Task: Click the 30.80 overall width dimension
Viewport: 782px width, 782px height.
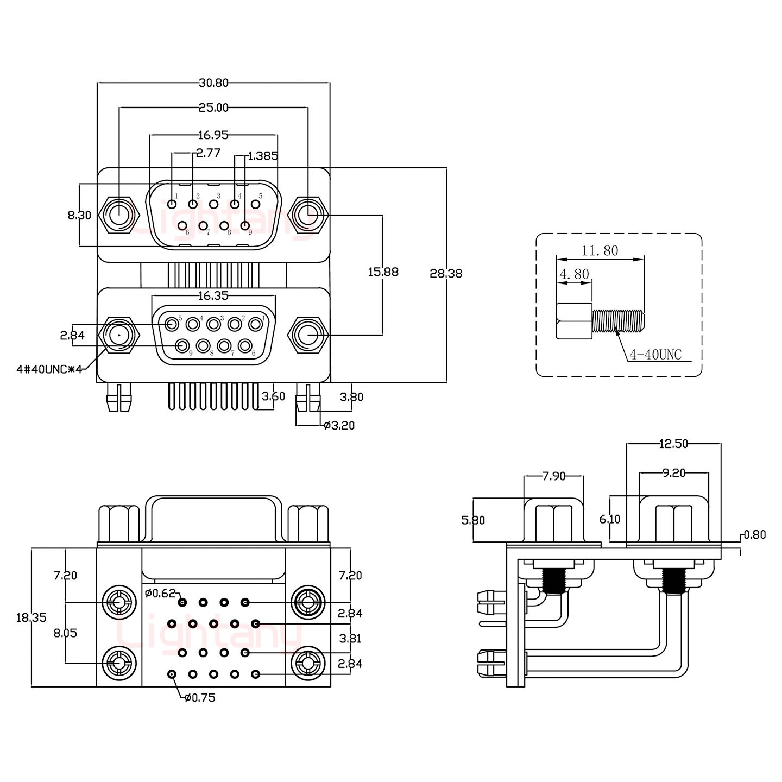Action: [x=213, y=83]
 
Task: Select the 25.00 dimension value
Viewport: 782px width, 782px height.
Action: [x=213, y=108]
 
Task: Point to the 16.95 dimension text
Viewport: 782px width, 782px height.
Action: [x=213, y=135]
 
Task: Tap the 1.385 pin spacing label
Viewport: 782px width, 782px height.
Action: [x=263, y=156]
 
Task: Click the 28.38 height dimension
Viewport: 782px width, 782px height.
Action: [x=446, y=273]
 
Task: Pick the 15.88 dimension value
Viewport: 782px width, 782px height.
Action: [x=383, y=272]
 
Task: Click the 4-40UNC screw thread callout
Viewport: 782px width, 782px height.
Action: [x=655, y=355]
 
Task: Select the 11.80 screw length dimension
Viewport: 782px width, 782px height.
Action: [x=600, y=250]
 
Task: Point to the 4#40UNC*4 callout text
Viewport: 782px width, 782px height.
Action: [x=49, y=370]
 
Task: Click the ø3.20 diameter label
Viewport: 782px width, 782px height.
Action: [x=339, y=425]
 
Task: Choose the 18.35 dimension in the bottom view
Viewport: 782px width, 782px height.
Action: [x=31, y=617]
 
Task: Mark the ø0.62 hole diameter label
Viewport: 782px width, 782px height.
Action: [x=161, y=593]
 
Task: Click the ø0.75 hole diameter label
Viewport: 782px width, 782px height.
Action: [x=200, y=698]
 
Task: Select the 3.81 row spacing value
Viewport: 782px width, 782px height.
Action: [x=350, y=639]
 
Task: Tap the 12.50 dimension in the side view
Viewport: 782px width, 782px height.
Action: [x=673, y=444]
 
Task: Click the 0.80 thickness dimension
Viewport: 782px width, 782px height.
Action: [x=755, y=535]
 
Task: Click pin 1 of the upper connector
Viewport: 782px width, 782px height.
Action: [x=172, y=204]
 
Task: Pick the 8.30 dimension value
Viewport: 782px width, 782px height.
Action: [x=79, y=216]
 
